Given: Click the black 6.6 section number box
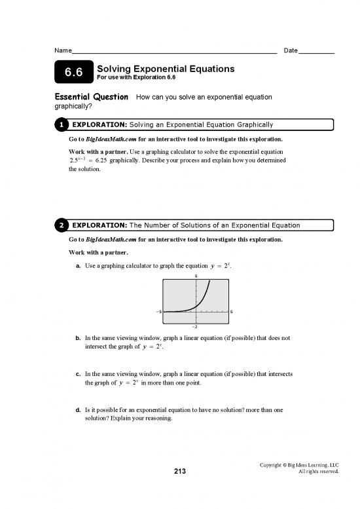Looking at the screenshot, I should pos(73,73).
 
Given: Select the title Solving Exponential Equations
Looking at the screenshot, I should pos(166,68).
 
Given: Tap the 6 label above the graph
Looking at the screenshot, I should pos(195,276).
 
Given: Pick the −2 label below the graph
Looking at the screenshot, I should pos(195,327).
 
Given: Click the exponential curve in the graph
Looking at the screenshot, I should pos(206,295).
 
